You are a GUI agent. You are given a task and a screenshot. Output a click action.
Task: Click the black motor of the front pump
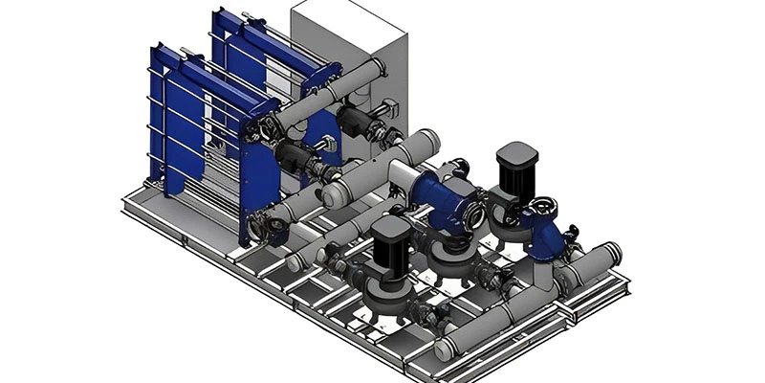(x=390, y=245)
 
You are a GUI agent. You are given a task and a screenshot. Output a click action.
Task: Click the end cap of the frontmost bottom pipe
(x=443, y=350)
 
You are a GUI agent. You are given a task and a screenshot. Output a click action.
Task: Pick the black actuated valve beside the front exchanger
(x=292, y=158)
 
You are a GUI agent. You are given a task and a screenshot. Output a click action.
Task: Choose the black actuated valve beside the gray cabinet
(x=356, y=122)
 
